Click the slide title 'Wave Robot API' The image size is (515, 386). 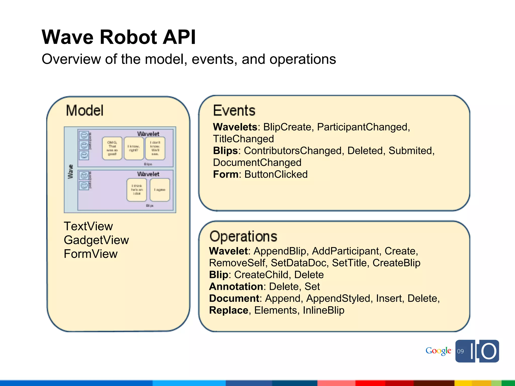pyautogui.click(x=118, y=37)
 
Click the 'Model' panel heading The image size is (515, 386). pyautogui.click(x=84, y=111)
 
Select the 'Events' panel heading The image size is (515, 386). pyautogui.click(x=234, y=111)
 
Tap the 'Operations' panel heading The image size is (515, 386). pyautogui.click(x=243, y=236)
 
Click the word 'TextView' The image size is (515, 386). pyautogui.click(x=88, y=226)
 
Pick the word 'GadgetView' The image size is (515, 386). pyautogui.click(x=96, y=240)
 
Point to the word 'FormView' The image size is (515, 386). pyautogui.click(x=91, y=254)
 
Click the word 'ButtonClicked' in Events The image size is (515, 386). pyautogui.click(x=276, y=174)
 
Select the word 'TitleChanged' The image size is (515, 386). pyautogui.click(x=243, y=139)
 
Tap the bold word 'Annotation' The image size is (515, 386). pyautogui.click(x=236, y=286)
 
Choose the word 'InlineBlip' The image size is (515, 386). pyautogui.click(x=323, y=310)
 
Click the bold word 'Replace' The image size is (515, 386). pyautogui.click(x=229, y=310)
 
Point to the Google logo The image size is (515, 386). pyautogui.click(x=438, y=351)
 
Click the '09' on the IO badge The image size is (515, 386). pyautogui.click(x=460, y=351)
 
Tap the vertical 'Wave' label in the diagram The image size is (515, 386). pyautogui.click(x=70, y=172)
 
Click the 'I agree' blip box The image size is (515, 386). pyautogui.click(x=160, y=190)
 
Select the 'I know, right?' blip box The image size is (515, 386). pyautogui.click(x=134, y=148)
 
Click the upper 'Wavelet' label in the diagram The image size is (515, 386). pyautogui.click(x=148, y=134)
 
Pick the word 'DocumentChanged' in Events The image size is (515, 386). pyautogui.click(x=257, y=163)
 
